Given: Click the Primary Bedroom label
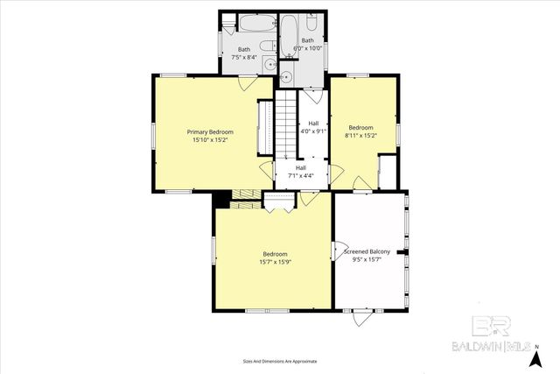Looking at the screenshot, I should (x=210, y=131).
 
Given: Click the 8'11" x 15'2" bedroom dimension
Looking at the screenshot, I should (x=360, y=135).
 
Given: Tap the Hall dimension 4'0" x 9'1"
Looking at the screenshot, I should (x=313, y=131).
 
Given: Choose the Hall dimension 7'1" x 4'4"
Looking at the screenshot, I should (x=301, y=175).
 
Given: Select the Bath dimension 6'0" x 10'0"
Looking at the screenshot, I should (x=308, y=47).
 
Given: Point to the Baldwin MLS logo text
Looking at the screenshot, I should (x=486, y=345).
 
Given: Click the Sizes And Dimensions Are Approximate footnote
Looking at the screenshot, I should (x=280, y=361).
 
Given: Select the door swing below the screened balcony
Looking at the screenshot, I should (x=360, y=317).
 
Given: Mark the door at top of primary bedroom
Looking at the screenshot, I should (x=248, y=83).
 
